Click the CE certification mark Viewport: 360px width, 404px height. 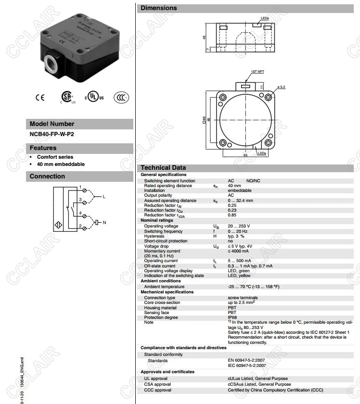point(40,97)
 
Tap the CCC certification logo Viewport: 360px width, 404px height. point(121,97)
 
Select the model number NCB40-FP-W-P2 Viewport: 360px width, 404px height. point(52,134)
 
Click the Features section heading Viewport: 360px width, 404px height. point(43,148)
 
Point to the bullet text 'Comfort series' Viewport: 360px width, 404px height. point(55,157)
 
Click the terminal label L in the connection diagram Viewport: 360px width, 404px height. point(104,197)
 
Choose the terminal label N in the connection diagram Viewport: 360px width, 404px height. point(104,222)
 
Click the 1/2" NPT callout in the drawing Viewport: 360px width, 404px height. point(257,72)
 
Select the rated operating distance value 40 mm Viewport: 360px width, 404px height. point(234,186)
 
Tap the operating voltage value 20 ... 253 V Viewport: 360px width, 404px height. point(239,226)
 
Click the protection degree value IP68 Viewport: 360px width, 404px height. point(232,317)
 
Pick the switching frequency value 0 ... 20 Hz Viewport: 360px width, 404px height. point(238,231)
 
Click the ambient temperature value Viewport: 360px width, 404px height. point(253,287)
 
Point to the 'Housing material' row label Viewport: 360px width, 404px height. point(160,308)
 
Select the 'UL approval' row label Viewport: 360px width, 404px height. point(155,379)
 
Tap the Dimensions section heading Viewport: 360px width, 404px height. point(159,8)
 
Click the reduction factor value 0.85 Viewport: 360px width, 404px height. point(232,215)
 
